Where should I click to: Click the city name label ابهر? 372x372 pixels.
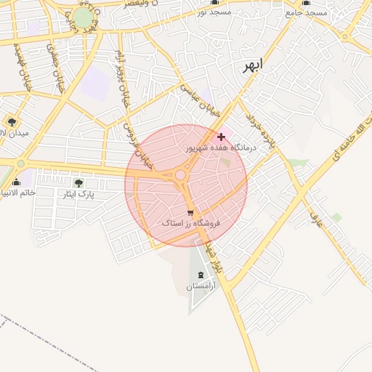251,65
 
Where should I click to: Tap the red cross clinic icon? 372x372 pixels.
221,137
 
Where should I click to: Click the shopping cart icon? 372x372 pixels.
190,213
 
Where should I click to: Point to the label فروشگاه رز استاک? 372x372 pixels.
190,224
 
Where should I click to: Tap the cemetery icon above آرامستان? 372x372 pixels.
201,275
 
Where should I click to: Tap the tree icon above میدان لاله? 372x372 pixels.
11,121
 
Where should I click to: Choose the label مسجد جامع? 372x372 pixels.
306,12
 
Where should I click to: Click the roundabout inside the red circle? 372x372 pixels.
180,175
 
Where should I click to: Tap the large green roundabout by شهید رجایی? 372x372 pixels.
84,17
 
